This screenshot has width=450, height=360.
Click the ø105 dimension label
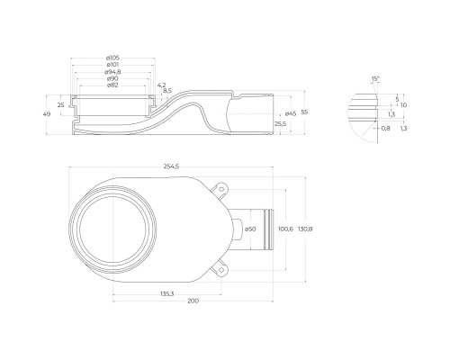coord(112,58)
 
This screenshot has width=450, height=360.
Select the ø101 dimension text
coord(112,65)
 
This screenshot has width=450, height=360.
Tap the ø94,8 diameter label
coord(112,72)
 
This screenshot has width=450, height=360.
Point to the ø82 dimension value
coord(112,85)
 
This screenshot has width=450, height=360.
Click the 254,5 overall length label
coord(171,166)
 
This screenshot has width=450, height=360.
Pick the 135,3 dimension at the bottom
coord(166,294)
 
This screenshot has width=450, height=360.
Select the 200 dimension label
coord(193,301)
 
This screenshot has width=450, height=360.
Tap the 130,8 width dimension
coord(305,229)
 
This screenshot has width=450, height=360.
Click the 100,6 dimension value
coord(285,229)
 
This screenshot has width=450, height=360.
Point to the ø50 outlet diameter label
coord(250,229)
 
